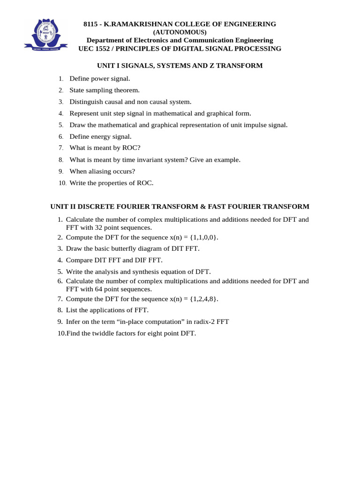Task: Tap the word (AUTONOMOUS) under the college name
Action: [180, 32]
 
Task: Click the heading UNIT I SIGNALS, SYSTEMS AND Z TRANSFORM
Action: [180, 66]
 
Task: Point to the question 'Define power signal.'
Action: [100, 78]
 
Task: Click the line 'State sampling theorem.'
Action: [105, 90]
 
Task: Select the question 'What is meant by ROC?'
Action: [105, 148]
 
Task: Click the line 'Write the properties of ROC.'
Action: [111, 183]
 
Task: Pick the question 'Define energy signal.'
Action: [100, 136]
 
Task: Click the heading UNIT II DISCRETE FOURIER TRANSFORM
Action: [180, 206]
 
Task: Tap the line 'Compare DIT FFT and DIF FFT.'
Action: [114, 260]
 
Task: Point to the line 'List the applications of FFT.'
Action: [107, 310]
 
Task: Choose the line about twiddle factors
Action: [131, 333]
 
